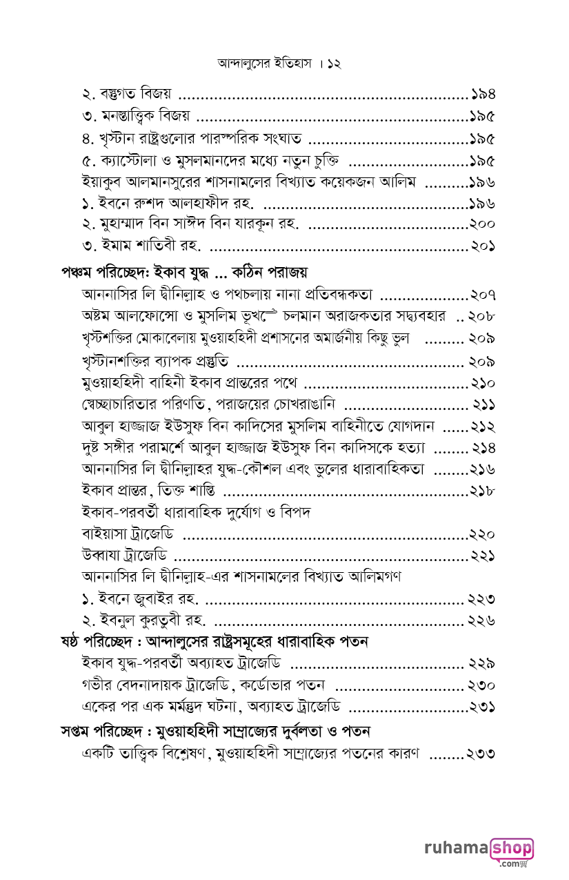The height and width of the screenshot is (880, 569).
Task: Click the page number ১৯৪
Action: pyautogui.click(x=482, y=93)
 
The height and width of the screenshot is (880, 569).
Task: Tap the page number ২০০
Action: pyautogui.click(x=482, y=224)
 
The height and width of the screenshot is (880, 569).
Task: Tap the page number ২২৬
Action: pyautogui.click(x=481, y=620)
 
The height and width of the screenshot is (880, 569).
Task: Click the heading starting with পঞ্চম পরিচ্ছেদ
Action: pyautogui.click(x=184, y=271)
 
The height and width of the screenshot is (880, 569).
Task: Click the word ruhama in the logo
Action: pyautogui.click(x=456, y=848)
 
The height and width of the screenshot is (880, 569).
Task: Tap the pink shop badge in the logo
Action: pyautogui.click(x=511, y=848)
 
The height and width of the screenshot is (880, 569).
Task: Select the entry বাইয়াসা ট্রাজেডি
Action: pyautogui.click(x=128, y=534)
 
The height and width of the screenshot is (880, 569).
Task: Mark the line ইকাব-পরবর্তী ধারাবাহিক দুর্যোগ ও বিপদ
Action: pyautogui.click(x=197, y=512)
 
